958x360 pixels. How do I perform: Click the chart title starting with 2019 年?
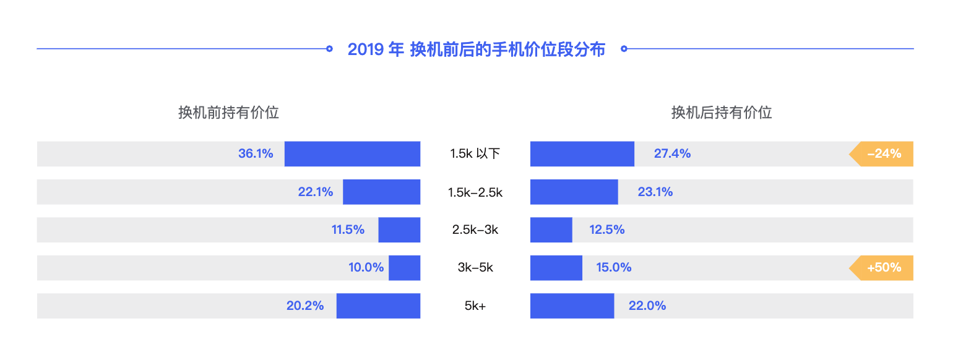tap(476, 49)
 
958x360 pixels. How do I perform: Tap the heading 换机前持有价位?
tap(228, 113)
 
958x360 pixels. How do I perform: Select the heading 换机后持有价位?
tap(722, 113)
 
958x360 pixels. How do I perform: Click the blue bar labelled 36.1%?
tap(352, 154)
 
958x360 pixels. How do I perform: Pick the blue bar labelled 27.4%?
tap(582, 154)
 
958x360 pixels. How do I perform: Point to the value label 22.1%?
tap(316, 192)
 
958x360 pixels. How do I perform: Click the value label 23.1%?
tap(655, 192)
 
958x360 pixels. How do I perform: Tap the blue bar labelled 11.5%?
tap(399, 230)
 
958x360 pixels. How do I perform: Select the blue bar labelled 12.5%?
tap(551, 230)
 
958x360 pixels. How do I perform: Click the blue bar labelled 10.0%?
tap(404, 268)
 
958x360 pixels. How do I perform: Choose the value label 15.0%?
tap(614, 268)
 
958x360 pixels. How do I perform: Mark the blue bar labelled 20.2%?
tap(378, 306)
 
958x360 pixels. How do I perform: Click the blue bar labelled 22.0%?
tap(572, 306)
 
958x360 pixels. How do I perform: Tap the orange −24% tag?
tap(882, 154)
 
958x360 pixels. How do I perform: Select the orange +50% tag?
tap(882, 268)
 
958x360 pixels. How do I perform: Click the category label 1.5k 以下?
tap(475, 154)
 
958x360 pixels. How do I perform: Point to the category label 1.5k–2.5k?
tap(475, 192)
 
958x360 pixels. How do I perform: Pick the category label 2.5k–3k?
tap(475, 230)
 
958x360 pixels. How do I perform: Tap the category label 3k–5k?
tap(475, 268)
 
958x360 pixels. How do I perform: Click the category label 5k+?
tap(475, 306)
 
